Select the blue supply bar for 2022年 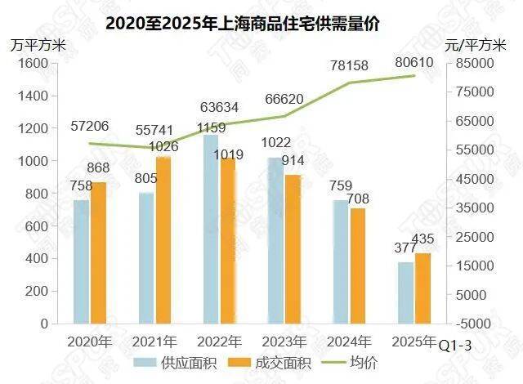pyautogui.click(x=209, y=229)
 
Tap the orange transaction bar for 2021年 pyautogui.click(x=162, y=240)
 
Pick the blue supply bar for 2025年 pyautogui.click(x=404, y=292)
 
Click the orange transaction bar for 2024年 pyautogui.click(x=358, y=266)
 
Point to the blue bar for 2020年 pyautogui.click(x=81, y=261)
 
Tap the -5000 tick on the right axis pyautogui.click(x=472, y=324)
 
